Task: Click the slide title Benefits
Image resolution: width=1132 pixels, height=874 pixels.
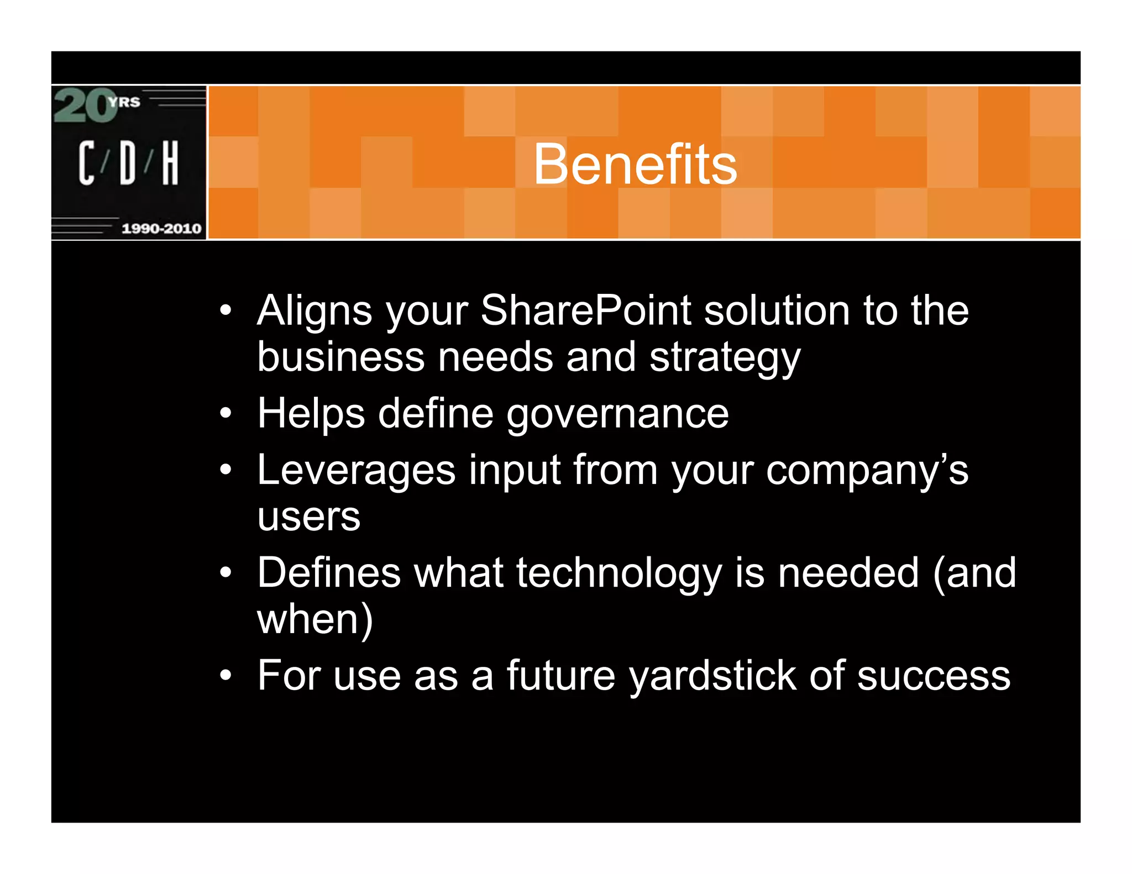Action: coord(635,164)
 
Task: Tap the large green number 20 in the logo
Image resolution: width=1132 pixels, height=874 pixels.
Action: coord(86,106)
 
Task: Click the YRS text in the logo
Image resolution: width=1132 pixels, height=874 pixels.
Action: coord(125,102)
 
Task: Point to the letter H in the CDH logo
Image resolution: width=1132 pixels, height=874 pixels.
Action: coord(170,162)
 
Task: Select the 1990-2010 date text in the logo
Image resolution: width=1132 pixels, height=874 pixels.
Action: coord(161,228)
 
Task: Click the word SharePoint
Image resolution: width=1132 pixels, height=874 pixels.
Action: coord(585,310)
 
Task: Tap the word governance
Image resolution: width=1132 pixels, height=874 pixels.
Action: coord(617,414)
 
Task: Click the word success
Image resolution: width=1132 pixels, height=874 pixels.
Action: coord(934,676)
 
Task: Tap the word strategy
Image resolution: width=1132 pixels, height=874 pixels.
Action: coord(725,358)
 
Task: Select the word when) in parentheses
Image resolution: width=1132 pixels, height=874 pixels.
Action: coord(315,620)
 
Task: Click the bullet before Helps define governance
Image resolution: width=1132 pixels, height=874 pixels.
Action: coord(225,413)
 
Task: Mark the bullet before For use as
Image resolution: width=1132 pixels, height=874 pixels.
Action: coord(225,675)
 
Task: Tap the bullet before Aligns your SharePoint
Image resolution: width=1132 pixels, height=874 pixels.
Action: coord(225,310)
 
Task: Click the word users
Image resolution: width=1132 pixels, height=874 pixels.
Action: coord(308,517)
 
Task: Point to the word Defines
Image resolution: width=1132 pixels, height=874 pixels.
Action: coord(329,573)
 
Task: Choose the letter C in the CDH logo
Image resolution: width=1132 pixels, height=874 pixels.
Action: coord(86,162)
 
